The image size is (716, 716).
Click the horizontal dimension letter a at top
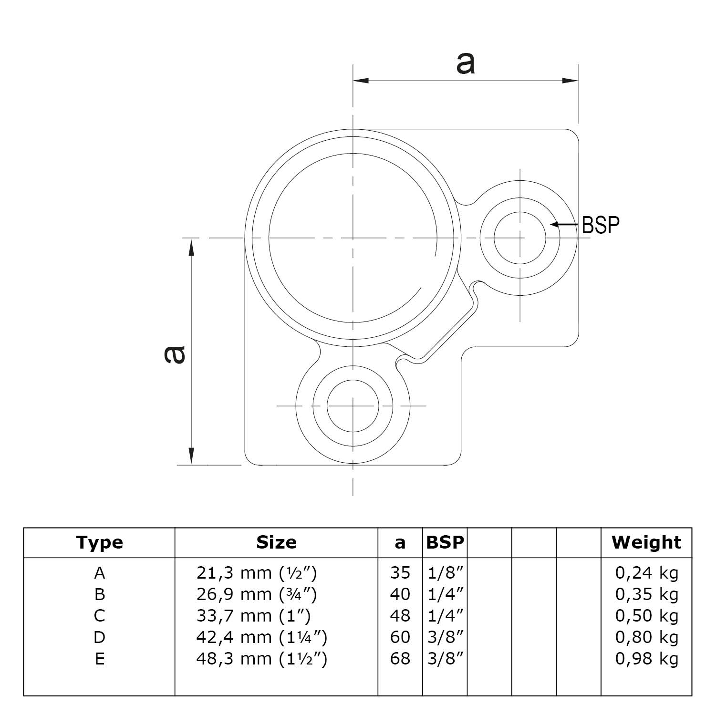(465, 63)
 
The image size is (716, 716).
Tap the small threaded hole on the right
(520, 238)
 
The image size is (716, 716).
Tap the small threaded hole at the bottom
(353, 406)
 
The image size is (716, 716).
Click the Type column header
(99, 542)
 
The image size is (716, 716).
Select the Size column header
(276, 542)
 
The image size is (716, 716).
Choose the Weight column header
(646, 542)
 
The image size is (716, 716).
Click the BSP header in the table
(445, 542)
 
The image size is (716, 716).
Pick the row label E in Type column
(99, 659)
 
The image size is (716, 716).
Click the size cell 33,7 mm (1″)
(253, 616)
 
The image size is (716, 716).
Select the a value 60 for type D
(400, 637)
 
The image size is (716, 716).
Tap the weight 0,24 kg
(646, 573)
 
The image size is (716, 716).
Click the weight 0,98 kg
(646, 659)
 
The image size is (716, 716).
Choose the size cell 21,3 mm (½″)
(256, 573)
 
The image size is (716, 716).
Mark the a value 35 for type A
(400, 573)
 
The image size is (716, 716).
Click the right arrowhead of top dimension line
(571, 81)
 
